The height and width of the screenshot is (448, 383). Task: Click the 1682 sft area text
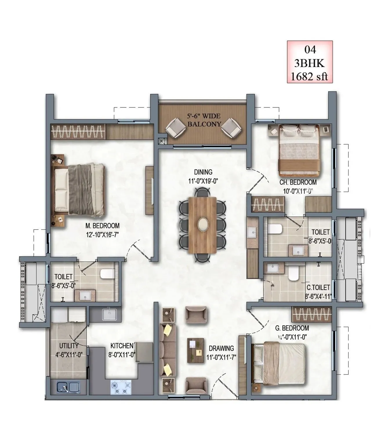(x=310, y=76)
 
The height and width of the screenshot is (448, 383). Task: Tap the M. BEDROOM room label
(x=102, y=226)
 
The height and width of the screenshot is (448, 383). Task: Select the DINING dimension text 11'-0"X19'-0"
(x=203, y=181)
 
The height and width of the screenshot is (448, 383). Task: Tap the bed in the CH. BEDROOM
(x=299, y=151)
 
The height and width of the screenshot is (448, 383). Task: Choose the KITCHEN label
(x=122, y=346)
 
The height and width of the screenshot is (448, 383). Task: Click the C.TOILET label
(x=318, y=287)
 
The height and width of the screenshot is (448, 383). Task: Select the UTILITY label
(x=69, y=346)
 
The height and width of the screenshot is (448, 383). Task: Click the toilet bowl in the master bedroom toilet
(x=107, y=274)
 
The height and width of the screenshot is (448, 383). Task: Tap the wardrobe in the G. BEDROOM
(x=311, y=314)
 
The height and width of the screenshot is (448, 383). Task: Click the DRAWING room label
(x=221, y=348)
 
